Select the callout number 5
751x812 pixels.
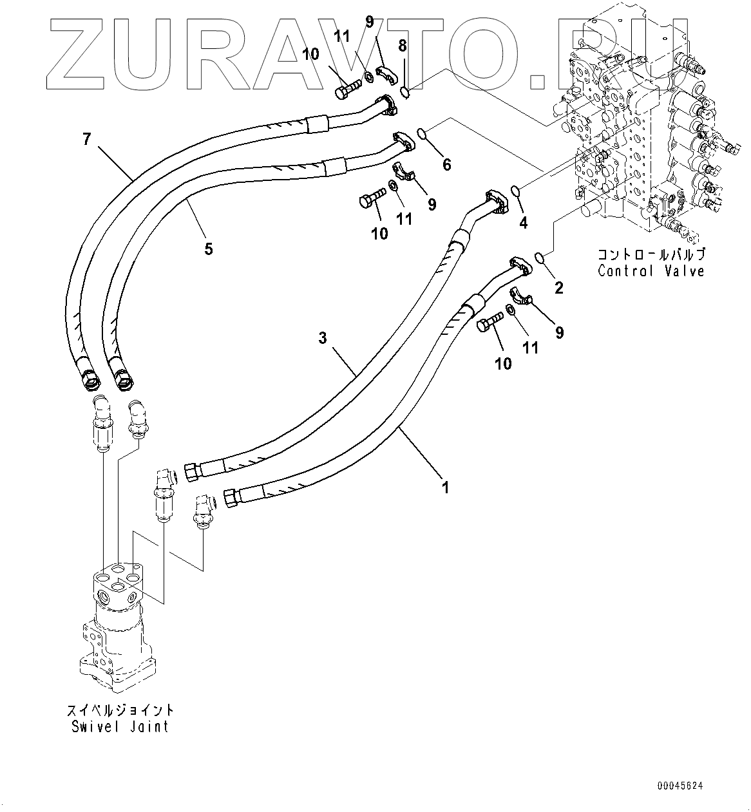pyautogui.click(x=208, y=248)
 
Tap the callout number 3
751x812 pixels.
pyautogui.click(x=323, y=337)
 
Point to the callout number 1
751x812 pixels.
pyautogui.click(x=444, y=487)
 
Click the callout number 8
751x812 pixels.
pyautogui.click(x=403, y=46)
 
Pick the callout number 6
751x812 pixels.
pyautogui.click(x=446, y=164)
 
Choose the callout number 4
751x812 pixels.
pyautogui.click(x=523, y=223)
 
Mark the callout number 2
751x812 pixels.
pyautogui.click(x=559, y=288)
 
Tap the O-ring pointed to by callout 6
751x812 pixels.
pyautogui.click(x=421, y=134)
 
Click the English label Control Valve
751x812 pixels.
pyautogui.click(x=651, y=270)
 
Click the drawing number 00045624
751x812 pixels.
pyautogui.click(x=680, y=786)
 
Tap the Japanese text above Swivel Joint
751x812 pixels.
pyautogui.click(x=121, y=711)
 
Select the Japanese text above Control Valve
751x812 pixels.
pyautogui.click(x=651, y=254)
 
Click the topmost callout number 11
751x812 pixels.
pyautogui.click(x=342, y=36)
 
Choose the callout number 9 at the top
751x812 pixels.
pyautogui.click(x=369, y=22)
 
